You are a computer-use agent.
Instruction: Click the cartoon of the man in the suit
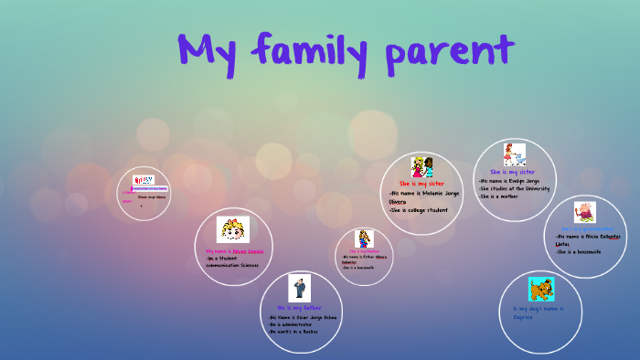[299, 287]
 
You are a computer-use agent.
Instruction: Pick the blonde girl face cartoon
[232, 229]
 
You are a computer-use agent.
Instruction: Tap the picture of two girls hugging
[421, 167]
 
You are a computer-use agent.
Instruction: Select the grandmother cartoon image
[585, 212]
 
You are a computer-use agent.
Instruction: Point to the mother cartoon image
[365, 239]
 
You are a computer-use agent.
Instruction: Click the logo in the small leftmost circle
[144, 181]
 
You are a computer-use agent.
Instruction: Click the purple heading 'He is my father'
[299, 308]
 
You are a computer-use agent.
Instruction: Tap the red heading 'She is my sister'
[421, 184]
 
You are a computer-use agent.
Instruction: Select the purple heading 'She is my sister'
[513, 172]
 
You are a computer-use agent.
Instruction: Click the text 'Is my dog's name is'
[539, 309]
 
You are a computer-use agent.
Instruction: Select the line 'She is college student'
[419, 210]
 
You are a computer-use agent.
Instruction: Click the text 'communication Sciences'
[232, 265]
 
